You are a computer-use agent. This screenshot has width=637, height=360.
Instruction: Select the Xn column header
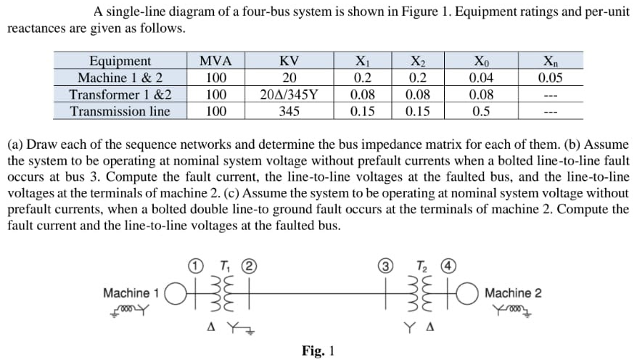coord(551,61)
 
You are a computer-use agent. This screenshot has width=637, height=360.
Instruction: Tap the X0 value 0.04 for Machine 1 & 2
coord(480,78)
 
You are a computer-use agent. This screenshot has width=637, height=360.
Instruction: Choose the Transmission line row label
coord(120,111)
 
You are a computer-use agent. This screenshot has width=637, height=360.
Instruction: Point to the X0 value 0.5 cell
coord(480,111)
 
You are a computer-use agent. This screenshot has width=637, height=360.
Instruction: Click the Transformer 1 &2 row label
coord(120,94)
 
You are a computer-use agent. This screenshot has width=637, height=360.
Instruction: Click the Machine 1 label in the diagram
coord(131,293)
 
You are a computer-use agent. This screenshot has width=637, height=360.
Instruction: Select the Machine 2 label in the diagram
coord(512,293)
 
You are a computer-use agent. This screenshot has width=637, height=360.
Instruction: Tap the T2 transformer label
coord(420,265)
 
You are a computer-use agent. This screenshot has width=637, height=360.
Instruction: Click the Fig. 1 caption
coord(318,351)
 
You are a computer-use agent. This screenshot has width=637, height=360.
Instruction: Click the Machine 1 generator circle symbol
coord(174,293)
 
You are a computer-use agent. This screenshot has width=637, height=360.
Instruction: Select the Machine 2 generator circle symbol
coord(469,293)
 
